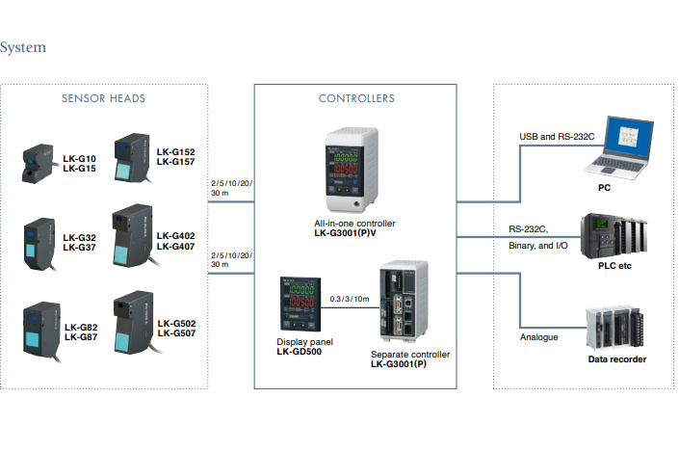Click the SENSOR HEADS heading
pyautogui.click(x=103, y=98)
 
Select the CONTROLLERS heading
pyautogui.click(x=356, y=98)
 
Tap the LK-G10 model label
pyautogui.click(x=79, y=159)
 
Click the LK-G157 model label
pyautogui.click(x=176, y=162)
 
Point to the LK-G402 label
pyautogui.click(x=176, y=236)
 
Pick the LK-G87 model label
pyautogui.click(x=81, y=337)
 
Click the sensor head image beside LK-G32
pyautogui.click(x=39, y=245)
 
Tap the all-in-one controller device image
pyautogui.click(x=353, y=170)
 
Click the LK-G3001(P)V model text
pyautogui.click(x=345, y=233)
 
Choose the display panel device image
pyautogui.click(x=300, y=305)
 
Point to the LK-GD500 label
pyautogui.click(x=300, y=352)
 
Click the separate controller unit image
pyautogui.click(x=404, y=301)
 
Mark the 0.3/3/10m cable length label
pyautogui.click(x=350, y=299)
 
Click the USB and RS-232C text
pyautogui.click(x=557, y=137)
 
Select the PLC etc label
pyautogui.click(x=614, y=266)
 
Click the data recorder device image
pyautogui.click(x=614, y=328)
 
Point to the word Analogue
pyautogui.click(x=539, y=337)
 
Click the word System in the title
pyautogui.click(x=22, y=47)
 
